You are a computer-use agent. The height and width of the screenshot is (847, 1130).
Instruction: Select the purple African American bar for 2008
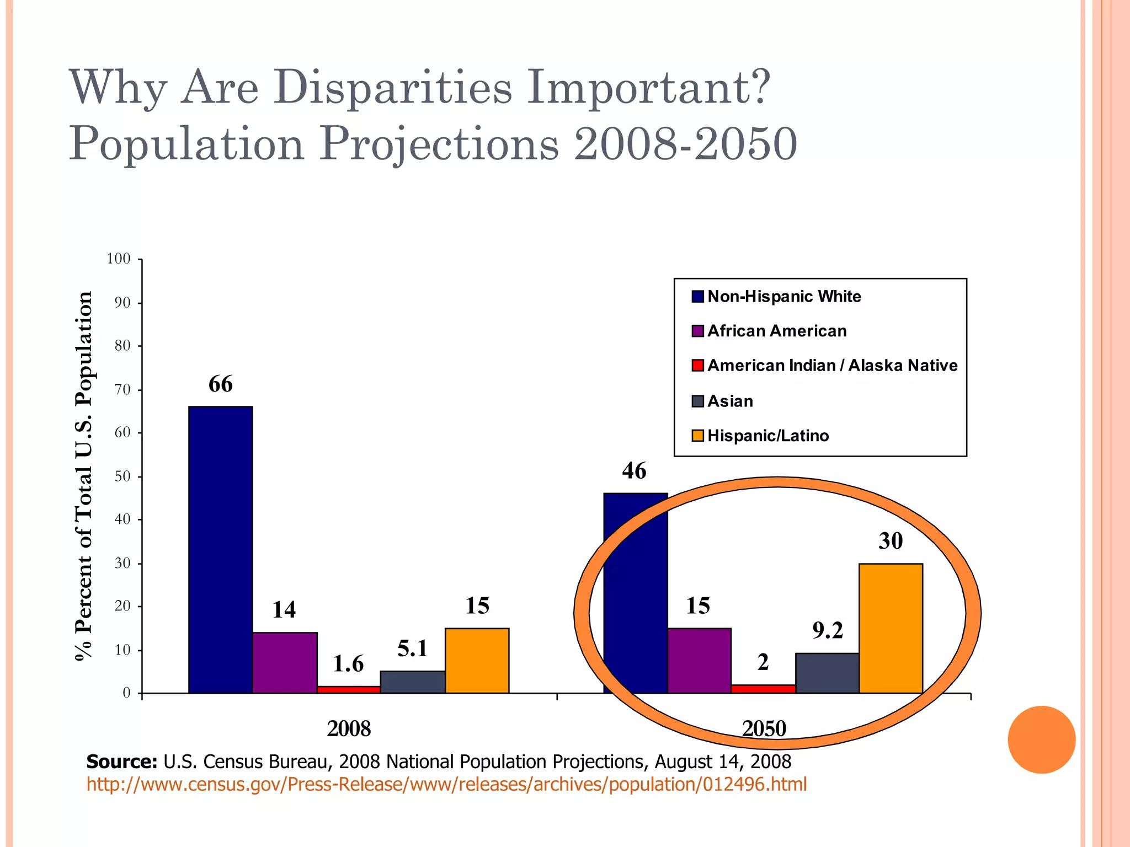pos(285,662)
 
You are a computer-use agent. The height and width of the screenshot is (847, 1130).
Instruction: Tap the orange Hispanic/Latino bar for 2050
pos(891,628)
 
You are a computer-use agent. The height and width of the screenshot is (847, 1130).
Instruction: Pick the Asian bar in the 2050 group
pos(827,673)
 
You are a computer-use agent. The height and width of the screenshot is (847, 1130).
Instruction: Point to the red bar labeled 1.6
pos(349,689)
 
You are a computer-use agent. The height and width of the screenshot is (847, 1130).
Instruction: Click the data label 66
pos(220,384)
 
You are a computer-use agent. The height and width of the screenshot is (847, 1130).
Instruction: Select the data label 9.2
pos(827,630)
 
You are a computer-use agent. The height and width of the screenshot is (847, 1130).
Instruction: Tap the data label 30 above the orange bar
pos(891,541)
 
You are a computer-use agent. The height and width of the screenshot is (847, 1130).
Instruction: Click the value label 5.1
pos(413,648)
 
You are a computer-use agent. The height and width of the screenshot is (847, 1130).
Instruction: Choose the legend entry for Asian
pos(729,401)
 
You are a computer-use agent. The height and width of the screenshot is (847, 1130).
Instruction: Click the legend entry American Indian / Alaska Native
pos(831,366)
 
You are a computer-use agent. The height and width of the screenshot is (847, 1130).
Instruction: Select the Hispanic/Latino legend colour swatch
pos(697,436)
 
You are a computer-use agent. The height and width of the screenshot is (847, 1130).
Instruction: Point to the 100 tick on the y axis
pos(119,259)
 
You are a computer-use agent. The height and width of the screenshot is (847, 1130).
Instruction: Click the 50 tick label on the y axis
pos(122,476)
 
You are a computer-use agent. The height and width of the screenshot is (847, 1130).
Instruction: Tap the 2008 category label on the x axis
pos(349,729)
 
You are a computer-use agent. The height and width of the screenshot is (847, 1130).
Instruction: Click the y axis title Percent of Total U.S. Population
pos(84,475)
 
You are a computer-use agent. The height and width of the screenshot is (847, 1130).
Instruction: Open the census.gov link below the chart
pos(446,784)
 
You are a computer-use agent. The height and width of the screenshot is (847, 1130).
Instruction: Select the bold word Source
pos(122,762)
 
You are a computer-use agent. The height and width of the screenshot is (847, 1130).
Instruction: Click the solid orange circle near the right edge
pos(1041,739)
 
